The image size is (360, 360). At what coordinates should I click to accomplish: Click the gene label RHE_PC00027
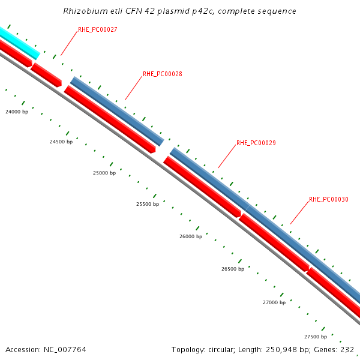coord(97,29)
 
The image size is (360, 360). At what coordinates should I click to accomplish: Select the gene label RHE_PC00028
coord(162,74)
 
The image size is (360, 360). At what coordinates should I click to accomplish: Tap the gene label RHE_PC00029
coord(256,143)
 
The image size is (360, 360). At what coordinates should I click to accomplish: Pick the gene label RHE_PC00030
coord(328,199)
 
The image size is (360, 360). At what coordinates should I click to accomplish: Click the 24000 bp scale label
coord(17,112)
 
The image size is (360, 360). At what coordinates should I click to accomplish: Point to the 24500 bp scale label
coord(61,142)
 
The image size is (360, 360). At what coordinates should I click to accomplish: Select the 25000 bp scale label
coord(104,173)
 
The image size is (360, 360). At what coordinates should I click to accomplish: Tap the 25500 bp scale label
coord(148,205)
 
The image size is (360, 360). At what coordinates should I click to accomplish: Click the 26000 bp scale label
coord(191,237)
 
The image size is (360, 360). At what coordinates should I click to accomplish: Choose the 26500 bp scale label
coord(233,269)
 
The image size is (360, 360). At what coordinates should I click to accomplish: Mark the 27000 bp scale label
coord(274,303)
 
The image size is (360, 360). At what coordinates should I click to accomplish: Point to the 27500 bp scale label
coord(316,337)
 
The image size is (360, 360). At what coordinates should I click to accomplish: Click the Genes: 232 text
coord(338,350)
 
